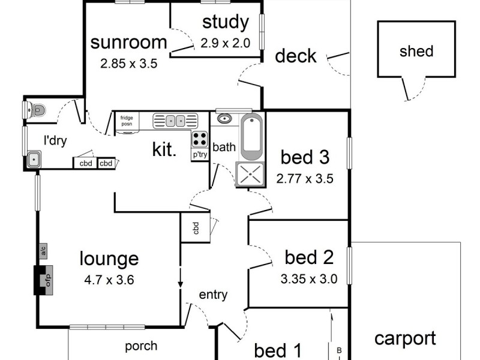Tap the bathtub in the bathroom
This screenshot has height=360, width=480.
point(251,137)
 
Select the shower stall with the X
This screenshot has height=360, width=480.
point(250,174)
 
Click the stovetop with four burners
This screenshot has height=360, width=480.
point(199,139)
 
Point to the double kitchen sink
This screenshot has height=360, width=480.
point(175,121)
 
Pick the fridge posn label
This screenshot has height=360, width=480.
point(127,121)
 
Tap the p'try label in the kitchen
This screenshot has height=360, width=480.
point(200,155)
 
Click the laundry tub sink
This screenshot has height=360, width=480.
point(34,159)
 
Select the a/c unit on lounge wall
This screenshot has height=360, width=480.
point(43,251)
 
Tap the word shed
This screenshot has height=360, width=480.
point(416,51)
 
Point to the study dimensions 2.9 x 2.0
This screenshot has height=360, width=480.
point(226,43)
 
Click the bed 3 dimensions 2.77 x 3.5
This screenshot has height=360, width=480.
point(305,178)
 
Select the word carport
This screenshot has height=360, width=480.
point(405,338)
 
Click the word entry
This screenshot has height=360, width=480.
point(213,295)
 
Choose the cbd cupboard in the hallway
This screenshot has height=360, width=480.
point(196,228)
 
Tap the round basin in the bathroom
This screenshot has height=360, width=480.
point(225,118)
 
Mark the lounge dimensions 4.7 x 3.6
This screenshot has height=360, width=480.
point(109,280)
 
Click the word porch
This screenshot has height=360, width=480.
point(141,347)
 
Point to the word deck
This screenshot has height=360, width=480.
point(295,56)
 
